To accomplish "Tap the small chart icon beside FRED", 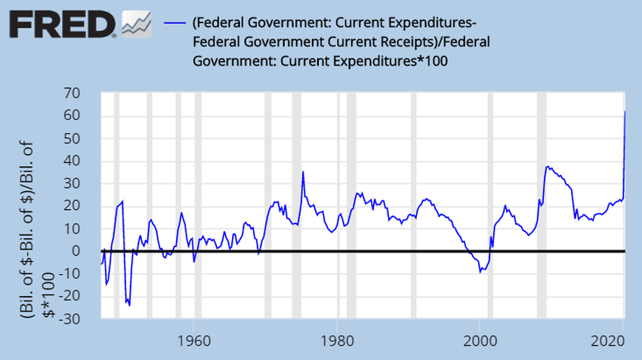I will click(x=135, y=24).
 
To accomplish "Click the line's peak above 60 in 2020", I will click(x=625, y=112).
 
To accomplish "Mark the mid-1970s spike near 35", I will click(x=303, y=172).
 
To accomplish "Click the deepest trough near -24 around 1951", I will click(x=130, y=306).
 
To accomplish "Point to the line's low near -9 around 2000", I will click(x=480, y=272).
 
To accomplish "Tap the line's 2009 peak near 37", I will click(x=548, y=167).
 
